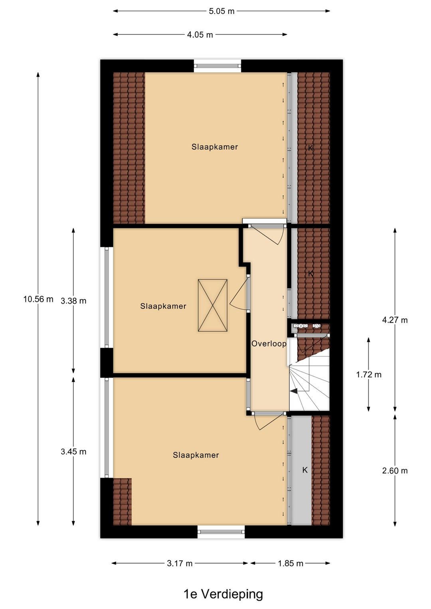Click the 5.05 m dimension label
point(221,11)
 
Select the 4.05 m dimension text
point(200,35)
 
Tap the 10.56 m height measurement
point(38,299)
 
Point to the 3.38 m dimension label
point(73,301)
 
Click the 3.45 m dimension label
point(73,452)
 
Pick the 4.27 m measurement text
point(395,320)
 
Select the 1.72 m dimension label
point(369,375)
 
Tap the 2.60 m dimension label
point(395,471)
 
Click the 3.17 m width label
point(180,564)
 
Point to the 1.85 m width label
point(291,564)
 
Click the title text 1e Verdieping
point(223,594)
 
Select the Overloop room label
point(269,344)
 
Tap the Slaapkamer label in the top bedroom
point(215,147)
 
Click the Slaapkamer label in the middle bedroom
point(163,306)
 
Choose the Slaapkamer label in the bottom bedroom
point(196,455)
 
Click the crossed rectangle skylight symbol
point(213,306)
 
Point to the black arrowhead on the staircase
point(294,391)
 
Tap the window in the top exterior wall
point(217,66)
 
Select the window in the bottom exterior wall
point(221,532)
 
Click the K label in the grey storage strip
point(305,470)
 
